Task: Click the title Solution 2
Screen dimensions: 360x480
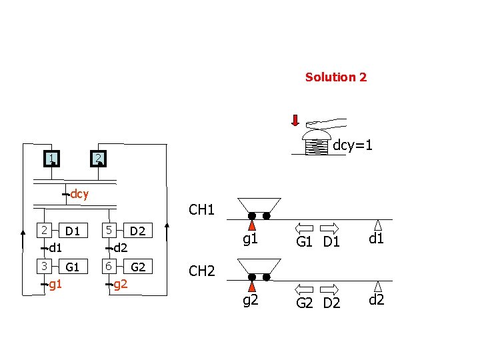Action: pyautogui.click(x=335, y=77)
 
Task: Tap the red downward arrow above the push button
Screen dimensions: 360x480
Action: pyautogui.click(x=295, y=120)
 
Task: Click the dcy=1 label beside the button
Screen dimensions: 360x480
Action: pyautogui.click(x=353, y=145)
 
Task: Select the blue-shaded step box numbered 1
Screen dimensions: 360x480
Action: pyautogui.click(x=51, y=159)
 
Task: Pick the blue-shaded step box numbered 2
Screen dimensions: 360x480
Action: pyautogui.click(x=97, y=159)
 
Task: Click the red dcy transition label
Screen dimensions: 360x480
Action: pyautogui.click(x=79, y=195)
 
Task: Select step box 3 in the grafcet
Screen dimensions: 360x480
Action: pyautogui.click(x=44, y=265)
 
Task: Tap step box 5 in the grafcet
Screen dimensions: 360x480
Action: pyautogui.click(x=107, y=230)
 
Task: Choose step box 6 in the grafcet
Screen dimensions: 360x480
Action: pyautogui.click(x=107, y=265)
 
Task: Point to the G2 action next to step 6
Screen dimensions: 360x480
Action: pyautogui.click(x=138, y=267)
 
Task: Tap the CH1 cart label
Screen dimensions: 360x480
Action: pyautogui.click(x=201, y=211)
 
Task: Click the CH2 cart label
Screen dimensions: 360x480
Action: pyautogui.click(x=201, y=271)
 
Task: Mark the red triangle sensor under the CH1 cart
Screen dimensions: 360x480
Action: pyautogui.click(x=252, y=227)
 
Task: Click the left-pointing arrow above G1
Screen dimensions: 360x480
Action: pyautogui.click(x=304, y=227)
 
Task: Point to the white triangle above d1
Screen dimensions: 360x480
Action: pyautogui.click(x=377, y=225)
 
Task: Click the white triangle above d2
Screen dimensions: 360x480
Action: pyautogui.click(x=377, y=287)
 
